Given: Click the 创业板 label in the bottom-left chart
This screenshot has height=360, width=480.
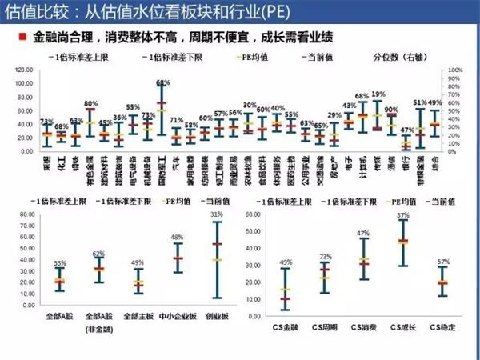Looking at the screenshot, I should point(218,327).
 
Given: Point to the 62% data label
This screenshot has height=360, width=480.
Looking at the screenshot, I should point(98,254).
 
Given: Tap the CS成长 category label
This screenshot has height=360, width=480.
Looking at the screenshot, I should point(403,327).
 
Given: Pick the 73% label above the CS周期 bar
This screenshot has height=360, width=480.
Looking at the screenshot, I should point(325,257).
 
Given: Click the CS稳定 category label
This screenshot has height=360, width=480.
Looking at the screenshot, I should point(444,327).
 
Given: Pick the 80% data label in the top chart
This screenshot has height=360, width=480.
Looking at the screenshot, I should point(90,104).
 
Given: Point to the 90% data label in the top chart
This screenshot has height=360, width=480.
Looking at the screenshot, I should point(391,110).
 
